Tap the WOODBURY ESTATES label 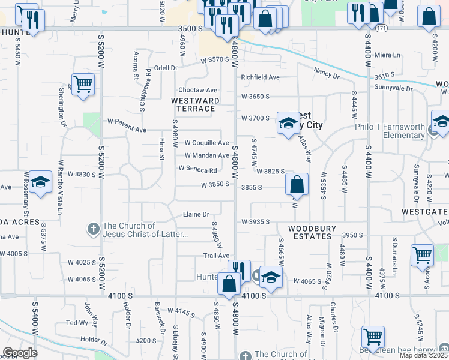[x=309, y=232]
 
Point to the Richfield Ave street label [x=260, y=77]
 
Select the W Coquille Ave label [x=206, y=143]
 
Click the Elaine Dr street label [x=196, y=214]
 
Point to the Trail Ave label [x=217, y=256]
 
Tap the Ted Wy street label [x=77, y=323]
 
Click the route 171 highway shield [x=381, y=28]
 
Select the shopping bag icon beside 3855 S [x=297, y=185]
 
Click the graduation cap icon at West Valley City [x=288, y=123]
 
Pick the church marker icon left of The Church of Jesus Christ [x=93, y=229]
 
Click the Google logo [x=19, y=353]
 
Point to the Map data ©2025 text [x=424, y=355]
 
